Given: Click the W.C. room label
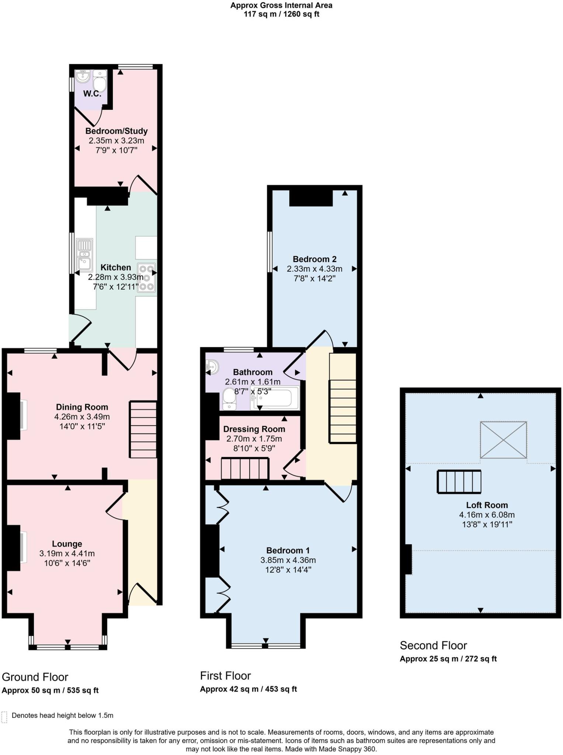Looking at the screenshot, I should click(x=92, y=94).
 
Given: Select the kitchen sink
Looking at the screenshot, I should click(x=84, y=254).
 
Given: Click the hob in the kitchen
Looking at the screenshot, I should click(x=146, y=278).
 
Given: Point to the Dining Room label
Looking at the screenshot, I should click(x=82, y=407).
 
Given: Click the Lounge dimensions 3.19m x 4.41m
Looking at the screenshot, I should click(x=67, y=553).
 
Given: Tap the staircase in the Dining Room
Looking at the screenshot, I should click(x=143, y=429).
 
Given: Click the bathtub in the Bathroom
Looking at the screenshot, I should click(x=275, y=398).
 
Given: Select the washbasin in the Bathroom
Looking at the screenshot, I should click(x=213, y=366).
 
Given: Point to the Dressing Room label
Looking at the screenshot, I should click(x=254, y=429).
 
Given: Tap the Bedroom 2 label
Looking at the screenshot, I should click(x=314, y=259).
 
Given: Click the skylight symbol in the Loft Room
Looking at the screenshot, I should click(x=503, y=440).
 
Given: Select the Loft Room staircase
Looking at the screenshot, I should click(x=459, y=481).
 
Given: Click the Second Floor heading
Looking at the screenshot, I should click(x=433, y=645).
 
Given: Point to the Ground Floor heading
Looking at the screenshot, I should click(x=35, y=677).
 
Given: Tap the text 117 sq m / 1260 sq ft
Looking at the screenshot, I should click(x=281, y=14).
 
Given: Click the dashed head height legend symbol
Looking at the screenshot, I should click(x=4, y=717).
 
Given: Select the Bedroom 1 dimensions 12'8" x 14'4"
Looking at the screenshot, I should click(x=288, y=570).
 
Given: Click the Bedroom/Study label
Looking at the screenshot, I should click(x=117, y=131).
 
